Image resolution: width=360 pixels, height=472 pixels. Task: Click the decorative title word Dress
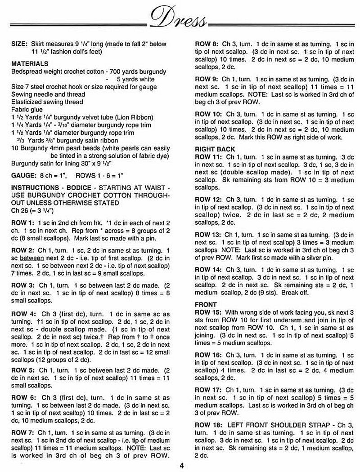(180, 19)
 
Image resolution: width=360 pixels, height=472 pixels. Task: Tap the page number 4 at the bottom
(182, 465)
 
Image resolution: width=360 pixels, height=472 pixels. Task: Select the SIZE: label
(19, 44)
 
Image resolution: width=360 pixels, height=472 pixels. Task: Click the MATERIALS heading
(30, 64)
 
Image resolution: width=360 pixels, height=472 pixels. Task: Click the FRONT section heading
(206, 304)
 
